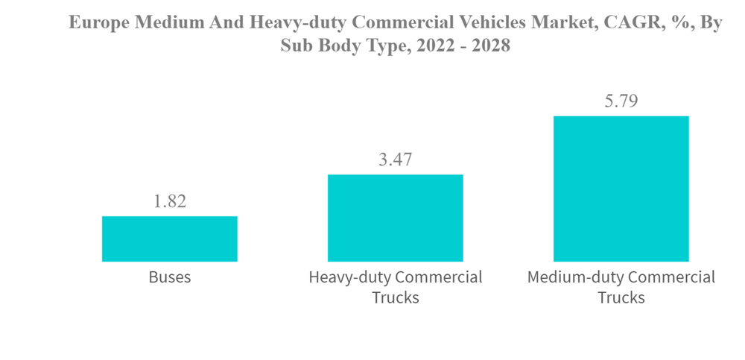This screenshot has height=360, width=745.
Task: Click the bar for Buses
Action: point(169,239)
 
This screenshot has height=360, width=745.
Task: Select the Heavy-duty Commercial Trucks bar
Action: point(395,218)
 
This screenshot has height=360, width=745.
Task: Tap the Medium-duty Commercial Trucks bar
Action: point(621,189)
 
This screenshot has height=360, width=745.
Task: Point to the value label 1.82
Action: point(170,201)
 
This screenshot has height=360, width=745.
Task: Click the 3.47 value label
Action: point(395,160)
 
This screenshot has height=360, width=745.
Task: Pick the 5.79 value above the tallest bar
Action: point(621,101)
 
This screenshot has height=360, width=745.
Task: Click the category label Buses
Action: point(170,277)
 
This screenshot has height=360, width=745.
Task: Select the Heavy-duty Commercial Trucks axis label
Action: point(395,287)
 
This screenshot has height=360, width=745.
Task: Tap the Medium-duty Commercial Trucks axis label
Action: point(621,287)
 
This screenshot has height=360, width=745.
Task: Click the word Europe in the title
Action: point(97,23)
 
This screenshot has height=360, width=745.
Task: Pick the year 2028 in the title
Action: point(487,45)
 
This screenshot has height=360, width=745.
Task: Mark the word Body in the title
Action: point(334,45)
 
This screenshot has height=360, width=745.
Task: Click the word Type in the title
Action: point(378,45)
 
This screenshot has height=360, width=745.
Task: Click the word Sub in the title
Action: point(295,45)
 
